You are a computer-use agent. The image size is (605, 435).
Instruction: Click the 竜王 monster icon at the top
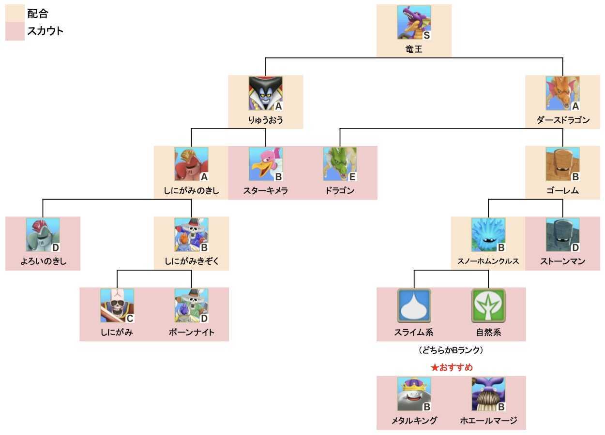[414, 22]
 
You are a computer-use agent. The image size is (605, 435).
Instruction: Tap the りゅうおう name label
[265, 119]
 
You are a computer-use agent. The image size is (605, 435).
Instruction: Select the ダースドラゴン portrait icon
[562, 93]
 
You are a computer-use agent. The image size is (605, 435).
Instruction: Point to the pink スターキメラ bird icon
[265, 164]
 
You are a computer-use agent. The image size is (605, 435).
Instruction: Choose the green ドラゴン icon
[340, 164]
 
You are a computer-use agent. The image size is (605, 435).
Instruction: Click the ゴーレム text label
[562, 191]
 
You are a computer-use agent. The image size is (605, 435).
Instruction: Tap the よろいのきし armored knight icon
[43, 235]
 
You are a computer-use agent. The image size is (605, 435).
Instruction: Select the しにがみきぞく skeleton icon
[191, 235]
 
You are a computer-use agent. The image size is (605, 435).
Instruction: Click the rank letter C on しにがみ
[129, 319]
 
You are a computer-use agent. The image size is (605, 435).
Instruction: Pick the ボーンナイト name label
[191, 333]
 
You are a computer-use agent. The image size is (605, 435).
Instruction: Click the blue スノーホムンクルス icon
[488, 235]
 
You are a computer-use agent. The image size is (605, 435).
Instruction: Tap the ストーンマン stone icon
[562, 235]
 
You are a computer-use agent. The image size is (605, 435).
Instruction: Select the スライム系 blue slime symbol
[414, 306]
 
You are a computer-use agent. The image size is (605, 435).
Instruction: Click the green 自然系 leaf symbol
[488, 306]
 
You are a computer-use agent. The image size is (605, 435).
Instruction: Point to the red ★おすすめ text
[451, 367]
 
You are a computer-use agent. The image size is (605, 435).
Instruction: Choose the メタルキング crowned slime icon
[414, 394]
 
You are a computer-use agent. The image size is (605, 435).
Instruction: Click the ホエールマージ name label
[488, 420]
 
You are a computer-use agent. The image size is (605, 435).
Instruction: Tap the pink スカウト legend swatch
[15, 31]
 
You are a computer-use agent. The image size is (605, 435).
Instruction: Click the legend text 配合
[37, 13]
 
